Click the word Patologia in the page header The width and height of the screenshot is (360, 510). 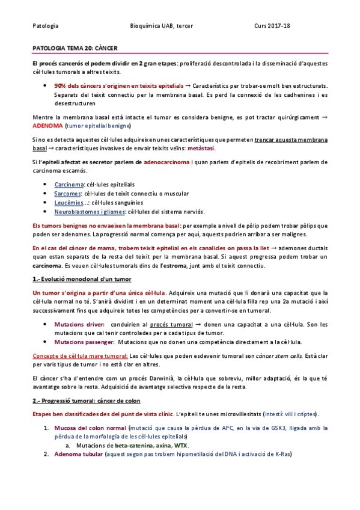45,26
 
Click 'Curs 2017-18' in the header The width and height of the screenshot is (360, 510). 272,26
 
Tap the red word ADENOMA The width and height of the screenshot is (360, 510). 47,126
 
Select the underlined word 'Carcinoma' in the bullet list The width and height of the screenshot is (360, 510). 68,184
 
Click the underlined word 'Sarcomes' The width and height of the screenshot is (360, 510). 67,193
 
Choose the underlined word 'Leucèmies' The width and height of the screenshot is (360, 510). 69,202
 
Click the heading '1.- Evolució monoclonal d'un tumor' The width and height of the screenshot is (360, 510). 81,279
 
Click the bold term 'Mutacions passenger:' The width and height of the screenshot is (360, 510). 82,342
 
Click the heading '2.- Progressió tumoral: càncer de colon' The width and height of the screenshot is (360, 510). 85,401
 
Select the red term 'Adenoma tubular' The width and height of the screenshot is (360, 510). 78,454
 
